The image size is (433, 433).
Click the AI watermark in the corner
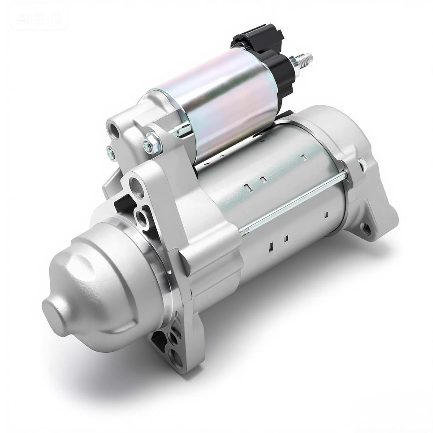39,17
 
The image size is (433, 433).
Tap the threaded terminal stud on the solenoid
304,59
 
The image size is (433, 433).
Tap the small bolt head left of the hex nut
110,153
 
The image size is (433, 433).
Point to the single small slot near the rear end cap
326,215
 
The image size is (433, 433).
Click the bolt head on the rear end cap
363,164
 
